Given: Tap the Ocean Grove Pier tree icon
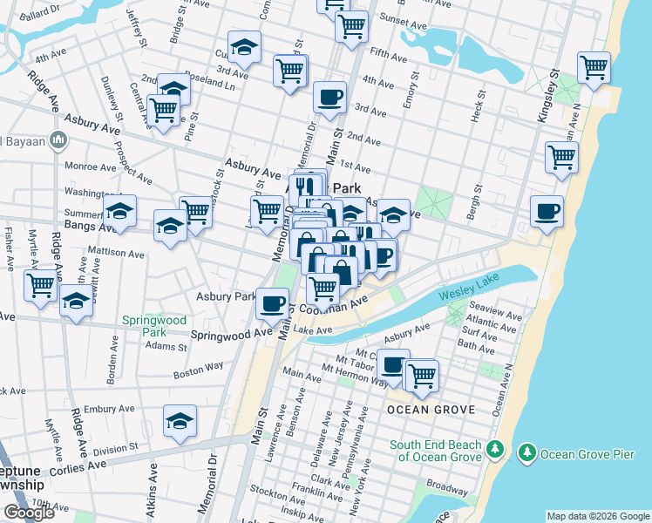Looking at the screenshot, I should click(526, 453).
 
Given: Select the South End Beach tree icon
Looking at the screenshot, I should click(495, 448).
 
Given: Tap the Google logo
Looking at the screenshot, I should click(29, 513).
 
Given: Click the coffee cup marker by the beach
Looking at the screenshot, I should click(547, 212).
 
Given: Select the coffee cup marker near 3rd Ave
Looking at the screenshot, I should click(329, 97).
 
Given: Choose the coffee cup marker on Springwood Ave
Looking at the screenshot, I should click(273, 303).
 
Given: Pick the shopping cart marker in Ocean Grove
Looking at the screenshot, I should click(422, 375).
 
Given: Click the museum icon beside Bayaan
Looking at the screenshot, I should click(59, 139).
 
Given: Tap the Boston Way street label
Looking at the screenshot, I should click(199, 370).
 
